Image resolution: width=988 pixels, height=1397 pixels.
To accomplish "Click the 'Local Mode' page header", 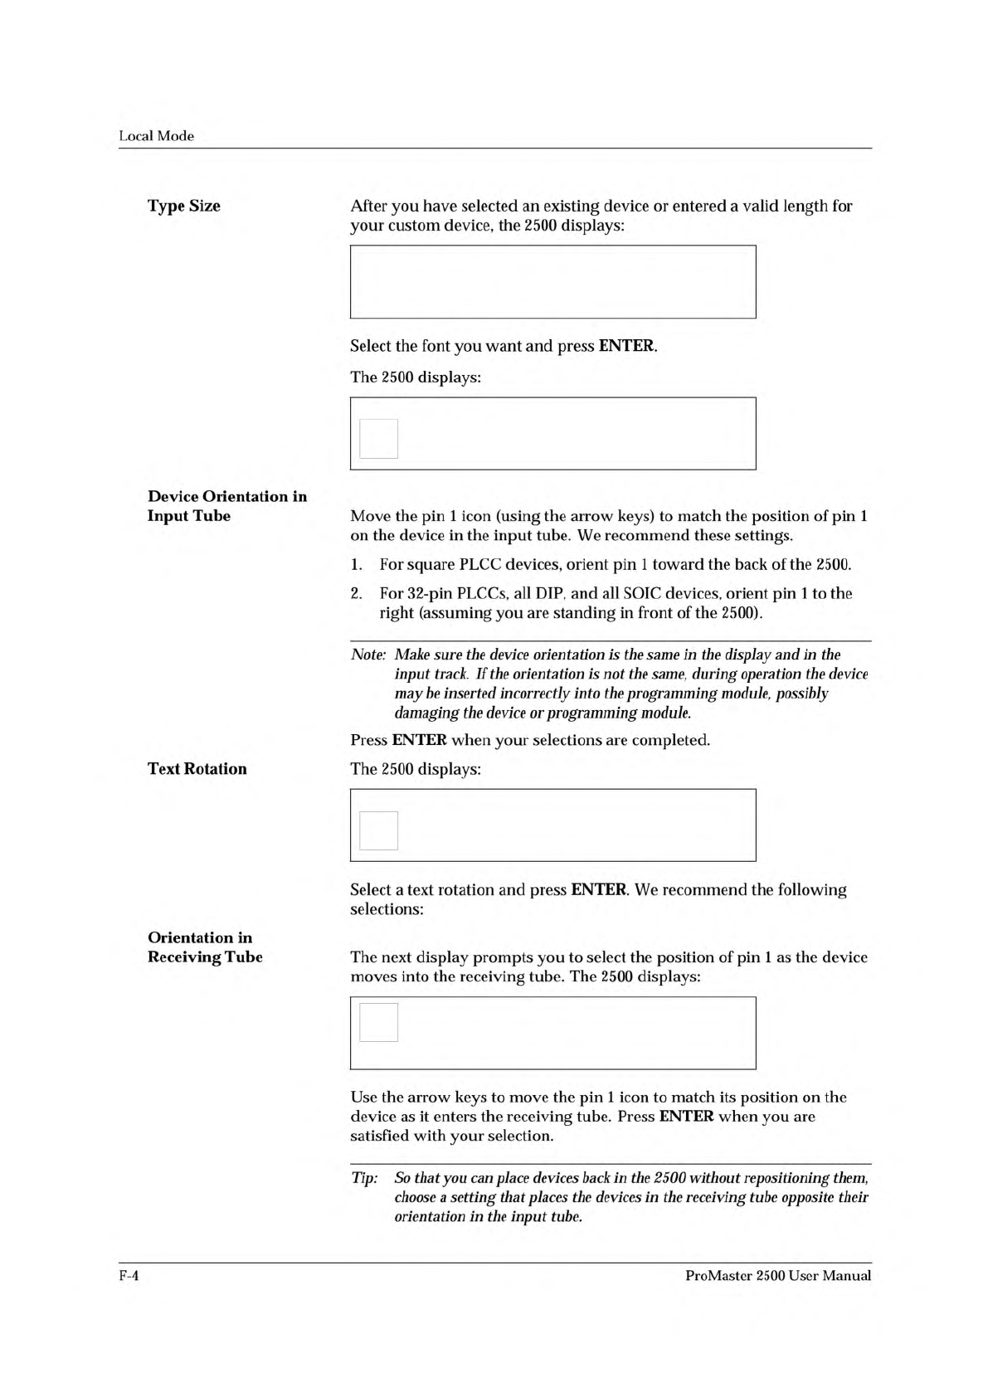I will click(156, 136).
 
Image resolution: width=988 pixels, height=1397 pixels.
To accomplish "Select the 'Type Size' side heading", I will click(184, 206).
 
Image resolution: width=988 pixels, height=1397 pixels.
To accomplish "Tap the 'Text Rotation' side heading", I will click(197, 769).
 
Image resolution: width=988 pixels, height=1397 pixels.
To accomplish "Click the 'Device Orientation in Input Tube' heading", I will click(227, 506).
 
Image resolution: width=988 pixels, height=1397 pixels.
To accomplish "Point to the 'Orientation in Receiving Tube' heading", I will click(205, 947).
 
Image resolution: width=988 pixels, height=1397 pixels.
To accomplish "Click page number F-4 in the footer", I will click(128, 1276).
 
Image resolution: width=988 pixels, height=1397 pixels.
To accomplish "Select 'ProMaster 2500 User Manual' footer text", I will click(778, 1276).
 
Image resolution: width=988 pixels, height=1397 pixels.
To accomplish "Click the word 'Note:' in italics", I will click(368, 655).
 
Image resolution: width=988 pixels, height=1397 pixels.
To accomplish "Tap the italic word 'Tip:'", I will click(364, 1179).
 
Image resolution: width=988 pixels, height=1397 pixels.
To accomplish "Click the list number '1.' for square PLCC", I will click(356, 565).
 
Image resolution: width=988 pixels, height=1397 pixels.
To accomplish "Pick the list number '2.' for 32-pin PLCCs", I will click(357, 594).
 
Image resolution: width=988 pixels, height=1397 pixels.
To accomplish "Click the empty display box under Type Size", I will click(552, 282).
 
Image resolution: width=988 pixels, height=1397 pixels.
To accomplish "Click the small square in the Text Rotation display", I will click(379, 830).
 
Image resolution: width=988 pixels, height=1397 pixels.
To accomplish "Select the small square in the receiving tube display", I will click(379, 1022).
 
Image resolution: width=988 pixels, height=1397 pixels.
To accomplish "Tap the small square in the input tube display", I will click(379, 438).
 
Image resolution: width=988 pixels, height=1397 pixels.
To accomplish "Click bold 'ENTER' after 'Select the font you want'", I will click(626, 346).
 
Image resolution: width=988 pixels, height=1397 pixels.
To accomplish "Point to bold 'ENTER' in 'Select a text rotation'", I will click(598, 890).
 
